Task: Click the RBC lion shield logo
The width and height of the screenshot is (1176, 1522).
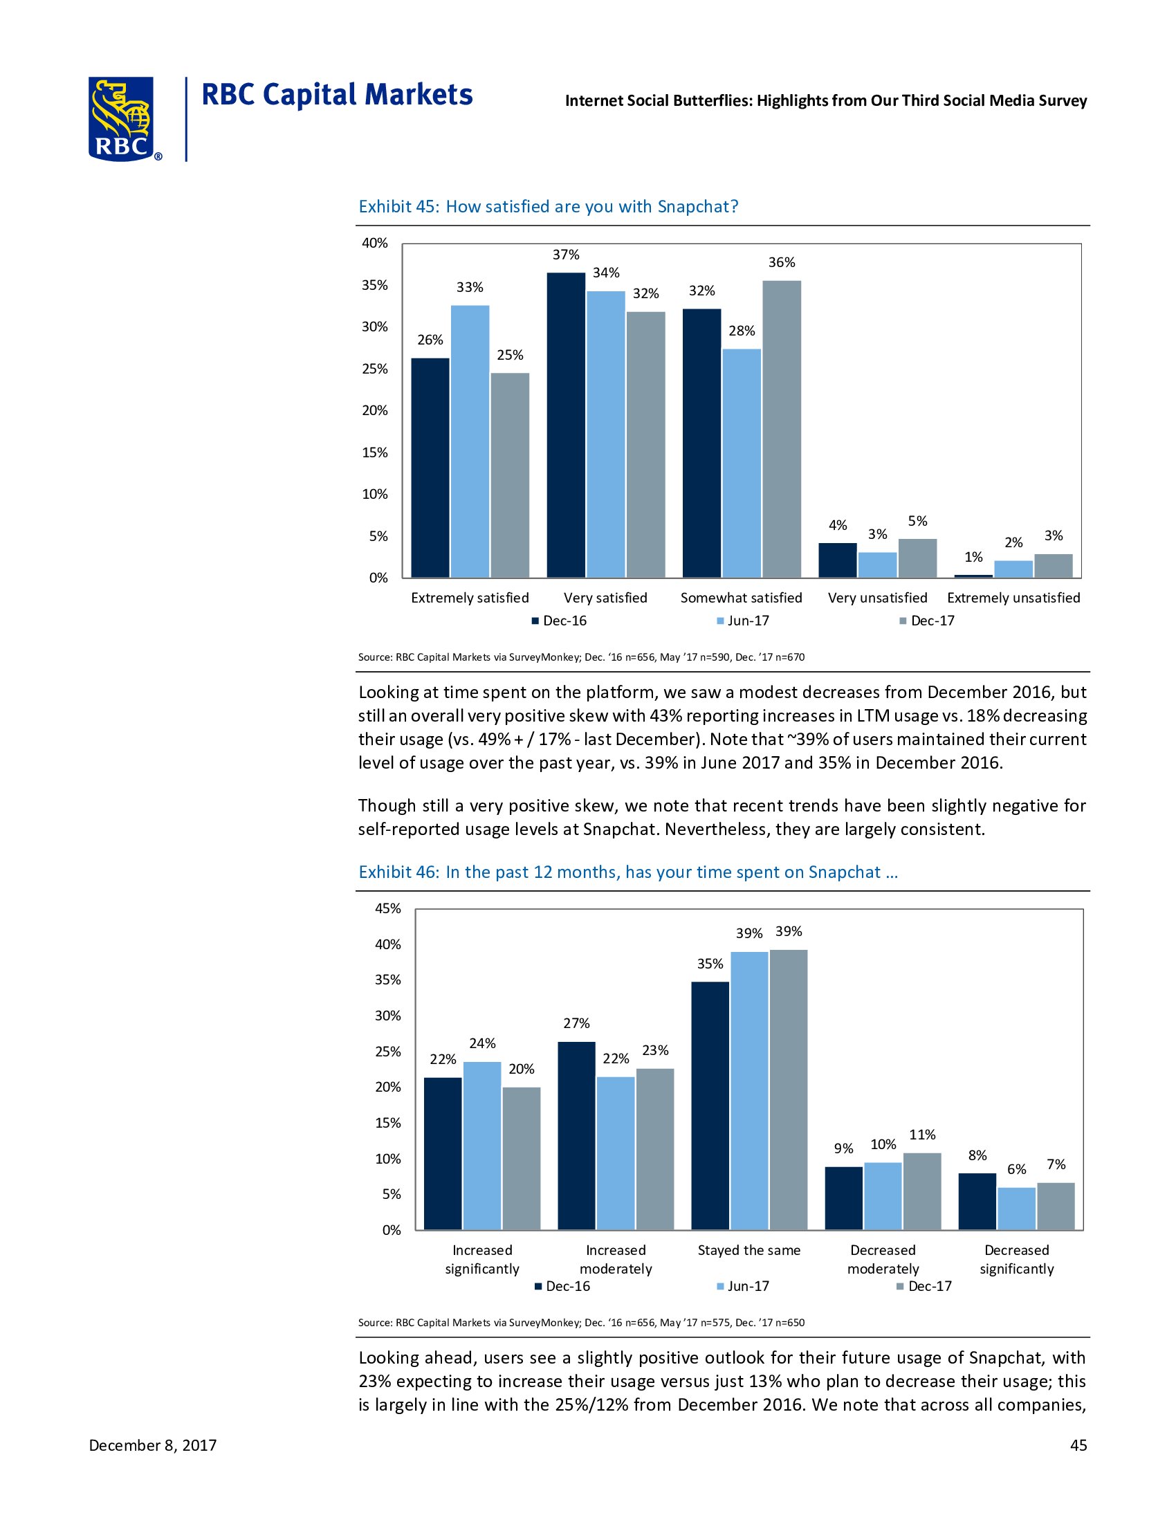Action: pyautogui.click(x=121, y=119)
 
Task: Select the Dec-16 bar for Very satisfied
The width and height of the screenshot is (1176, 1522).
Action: pyautogui.click(x=566, y=425)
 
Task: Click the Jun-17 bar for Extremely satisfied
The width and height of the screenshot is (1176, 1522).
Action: pyautogui.click(x=470, y=441)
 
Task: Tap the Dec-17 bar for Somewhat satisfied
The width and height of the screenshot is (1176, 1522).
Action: pyautogui.click(x=782, y=430)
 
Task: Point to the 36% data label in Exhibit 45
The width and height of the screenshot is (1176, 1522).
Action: pyautogui.click(x=782, y=263)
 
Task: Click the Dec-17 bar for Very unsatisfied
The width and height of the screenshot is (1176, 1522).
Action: pyautogui.click(x=917, y=558)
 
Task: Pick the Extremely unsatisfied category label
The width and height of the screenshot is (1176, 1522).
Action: pyautogui.click(x=1013, y=598)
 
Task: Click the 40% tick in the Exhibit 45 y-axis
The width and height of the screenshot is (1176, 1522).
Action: pyautogui.click(x=374, y=244)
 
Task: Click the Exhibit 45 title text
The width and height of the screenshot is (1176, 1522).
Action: pyautogui.click(x=549, y=207)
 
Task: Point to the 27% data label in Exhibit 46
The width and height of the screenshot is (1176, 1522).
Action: pyautogui.click(x=576, y=1023)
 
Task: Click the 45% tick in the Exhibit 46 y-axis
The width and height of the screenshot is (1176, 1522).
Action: pyautogui.click(x=388, y=909)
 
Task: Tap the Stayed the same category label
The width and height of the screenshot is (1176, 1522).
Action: pyautogui.click(x=749, y=1250)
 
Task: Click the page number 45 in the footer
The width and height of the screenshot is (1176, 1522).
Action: pyautogui.click(x=1078, y=1445)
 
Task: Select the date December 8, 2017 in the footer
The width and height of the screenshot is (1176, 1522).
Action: pyautogui.click(x=153, y=1445)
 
